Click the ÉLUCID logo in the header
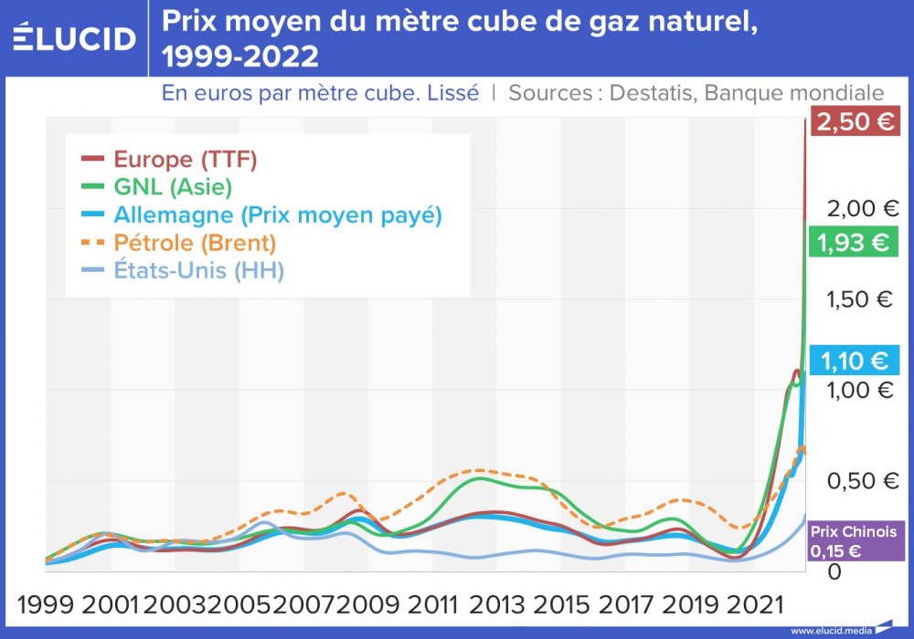(x=75, y=37)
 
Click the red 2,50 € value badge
(x=856, y=122)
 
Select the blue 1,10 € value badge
(x=856, y=361)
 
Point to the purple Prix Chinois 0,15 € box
(x=854, y=541)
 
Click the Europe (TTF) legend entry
(x=186, y=160)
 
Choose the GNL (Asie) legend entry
(x=173, y=188)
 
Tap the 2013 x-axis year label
(x=497, y=604)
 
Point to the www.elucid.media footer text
(x=830, y=630)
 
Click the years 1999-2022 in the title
(x=239, y=58)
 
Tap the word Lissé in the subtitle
(x=453, y=93)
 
